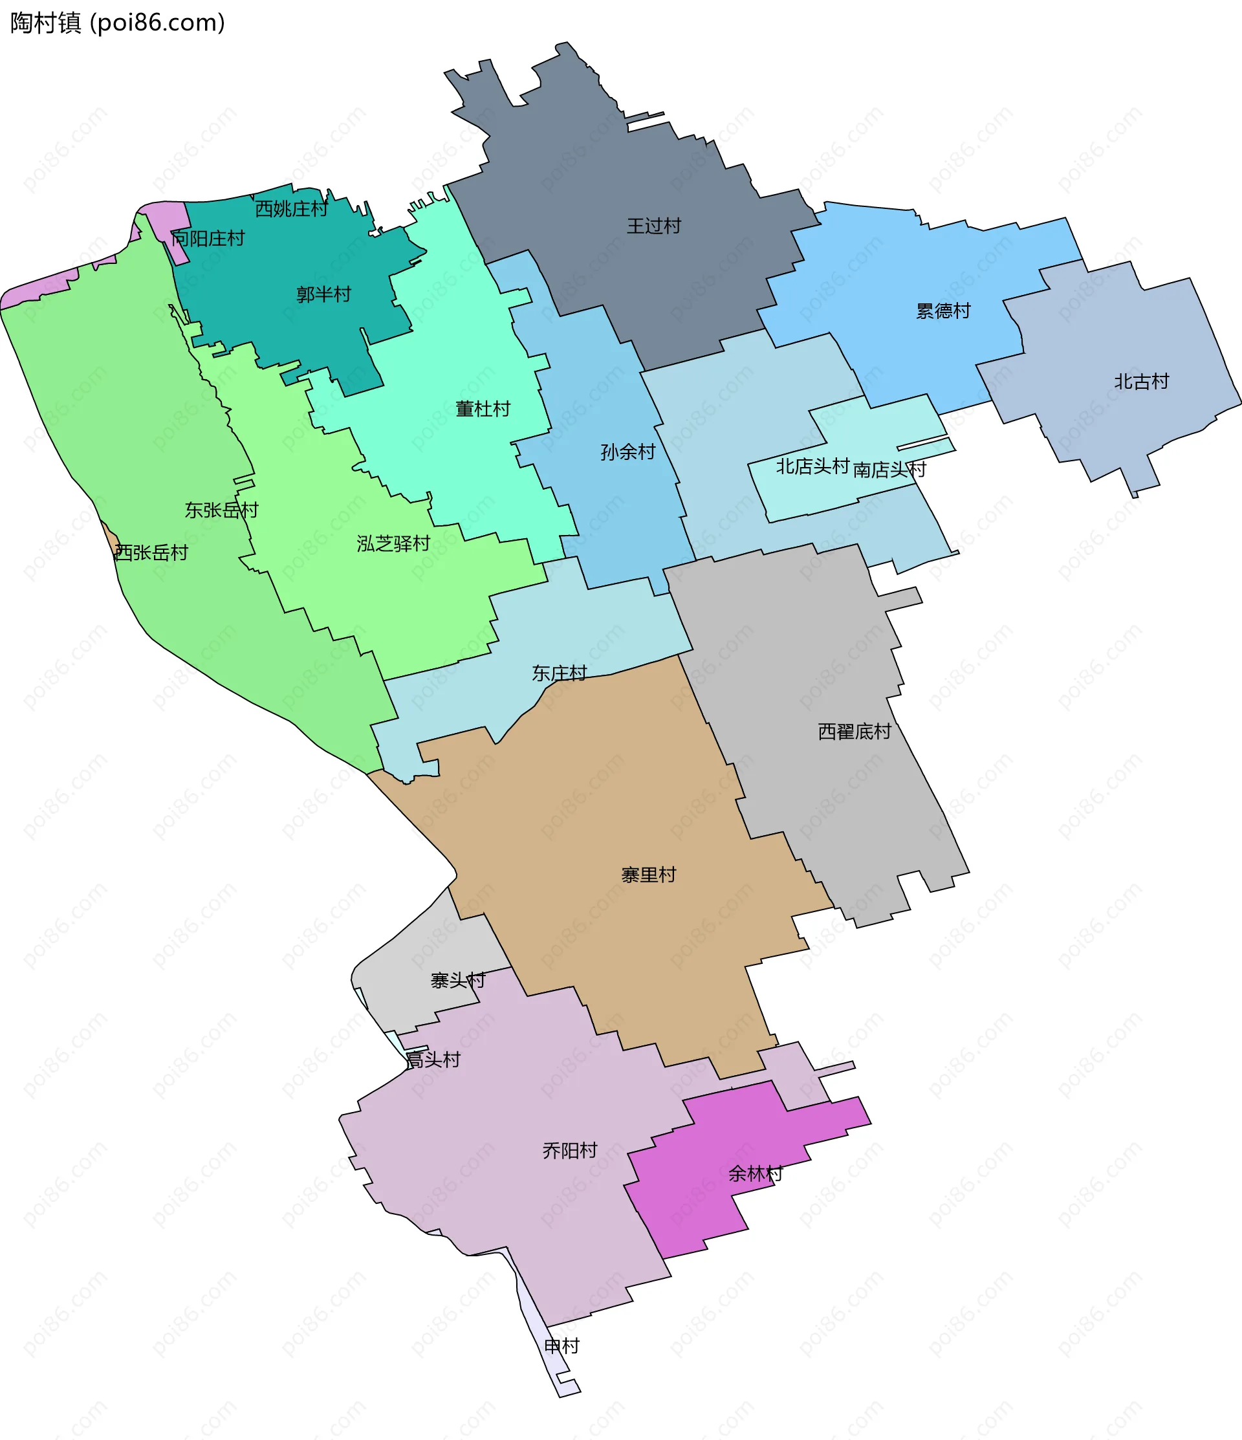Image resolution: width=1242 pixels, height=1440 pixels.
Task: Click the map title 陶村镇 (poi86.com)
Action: pos(118,23)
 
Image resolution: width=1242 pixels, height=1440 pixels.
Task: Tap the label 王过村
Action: pos(653,226)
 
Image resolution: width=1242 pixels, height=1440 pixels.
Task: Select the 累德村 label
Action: pos(942,311)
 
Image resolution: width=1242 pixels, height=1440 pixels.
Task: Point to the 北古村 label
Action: pos(1141,382)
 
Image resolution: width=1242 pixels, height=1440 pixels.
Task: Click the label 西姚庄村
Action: pos(291,208)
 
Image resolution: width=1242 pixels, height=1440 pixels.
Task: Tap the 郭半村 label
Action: pos(323,295)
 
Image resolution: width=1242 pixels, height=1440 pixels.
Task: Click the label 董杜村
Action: pos(483,409)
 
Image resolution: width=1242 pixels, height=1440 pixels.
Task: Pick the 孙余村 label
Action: pos(627,452)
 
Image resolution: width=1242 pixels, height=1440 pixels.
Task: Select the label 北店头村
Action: pos(812,466)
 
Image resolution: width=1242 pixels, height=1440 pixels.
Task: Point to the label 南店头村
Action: pos(889,470)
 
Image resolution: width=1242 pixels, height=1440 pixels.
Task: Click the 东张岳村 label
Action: pos(221,510)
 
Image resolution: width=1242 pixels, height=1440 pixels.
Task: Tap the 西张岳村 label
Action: pos(151,552)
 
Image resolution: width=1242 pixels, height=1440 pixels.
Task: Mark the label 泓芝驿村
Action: pos(393,543)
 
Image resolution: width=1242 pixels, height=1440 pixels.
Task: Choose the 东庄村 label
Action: pos(559,673)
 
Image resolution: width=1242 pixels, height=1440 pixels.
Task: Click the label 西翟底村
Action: pos(854,731)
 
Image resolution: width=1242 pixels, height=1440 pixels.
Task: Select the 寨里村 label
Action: pos(648,875)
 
